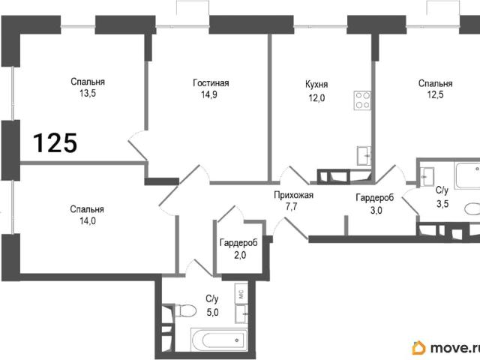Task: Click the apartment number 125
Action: (55, 142)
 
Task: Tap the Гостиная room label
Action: (211, 83)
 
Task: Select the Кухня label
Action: (316, 85)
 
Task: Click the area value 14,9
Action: (209, 94)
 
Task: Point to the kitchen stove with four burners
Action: (362, 100)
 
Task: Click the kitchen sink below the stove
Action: (364, 155)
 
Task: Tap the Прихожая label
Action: (293, 195)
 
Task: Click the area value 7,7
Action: (291, 207)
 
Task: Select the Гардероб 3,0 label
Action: (375, 204)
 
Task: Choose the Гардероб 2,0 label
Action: (238, 248)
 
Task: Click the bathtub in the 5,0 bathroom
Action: (219, 340)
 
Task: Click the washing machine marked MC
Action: (241, 294)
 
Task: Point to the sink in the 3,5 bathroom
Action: (427, 177)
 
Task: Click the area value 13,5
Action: (88, 93)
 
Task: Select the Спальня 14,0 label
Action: (87, 215)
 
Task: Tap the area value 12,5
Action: (435, 94)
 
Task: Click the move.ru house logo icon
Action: (418, 348)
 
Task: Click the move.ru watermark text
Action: (454, 348)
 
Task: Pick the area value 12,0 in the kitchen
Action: (316, 98)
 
